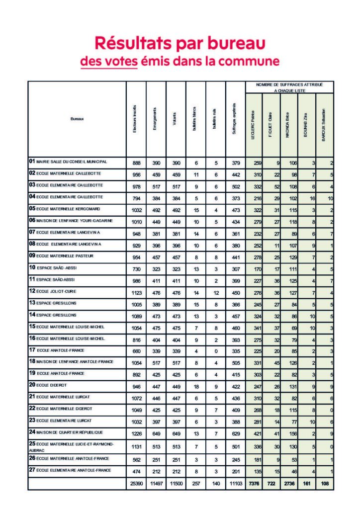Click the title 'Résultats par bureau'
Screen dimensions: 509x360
[x=180, y=43]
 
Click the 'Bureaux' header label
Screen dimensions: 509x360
[x=77, y=119]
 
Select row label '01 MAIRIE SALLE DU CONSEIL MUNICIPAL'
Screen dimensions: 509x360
[x=68, y=162]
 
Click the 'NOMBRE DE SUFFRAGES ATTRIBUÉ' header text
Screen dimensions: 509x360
[x=289, y=85]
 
